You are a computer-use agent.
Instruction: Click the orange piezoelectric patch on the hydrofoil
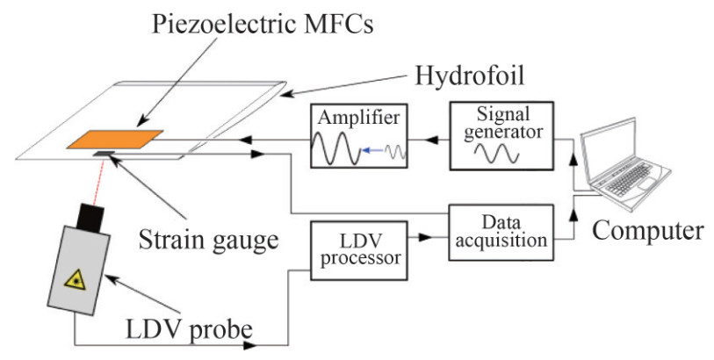click(114, 140)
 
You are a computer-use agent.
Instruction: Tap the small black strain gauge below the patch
click(105, 156)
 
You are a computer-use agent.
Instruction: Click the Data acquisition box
click(501, 233)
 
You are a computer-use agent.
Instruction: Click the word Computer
click(648, 231)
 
